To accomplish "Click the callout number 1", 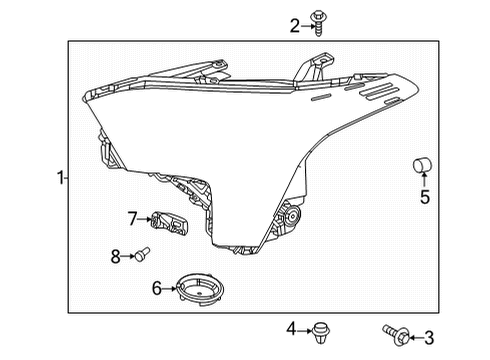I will click(60, 179).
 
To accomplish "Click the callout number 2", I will click(294, 26).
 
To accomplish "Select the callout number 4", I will click(291, 328).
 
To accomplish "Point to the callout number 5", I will click(424, 197).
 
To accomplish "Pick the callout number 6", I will click(157, 288).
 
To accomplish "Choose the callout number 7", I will click(132, 217).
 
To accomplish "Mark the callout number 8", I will click(115, 256).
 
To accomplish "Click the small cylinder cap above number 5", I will click(422, 164).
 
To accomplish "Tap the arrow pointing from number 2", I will click(307, 26).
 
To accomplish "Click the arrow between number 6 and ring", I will click(168, 288).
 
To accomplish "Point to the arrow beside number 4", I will click(303, 328).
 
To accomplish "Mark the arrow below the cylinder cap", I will click(423, 181).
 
